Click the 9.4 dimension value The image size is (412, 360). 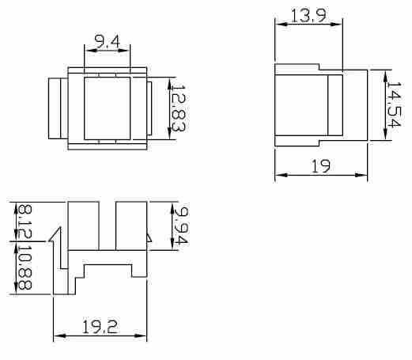pyautogui.click(x=107, y=42)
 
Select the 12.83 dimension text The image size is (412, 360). pyautogui.click(x=178, y=108)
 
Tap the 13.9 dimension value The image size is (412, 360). pyautogui.click(x=308, y=15)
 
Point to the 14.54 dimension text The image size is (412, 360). pyautogui.click(x=394, y=104)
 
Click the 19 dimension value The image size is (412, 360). pyautogui.click(x=321, y=166)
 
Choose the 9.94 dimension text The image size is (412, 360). pyautogui.click(x=180, y=225)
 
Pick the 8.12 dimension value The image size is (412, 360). pyautogui.click(x=25, y=222)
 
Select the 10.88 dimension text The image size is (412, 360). pyautogui.click(x=25, y=267)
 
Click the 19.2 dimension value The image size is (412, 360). pyautogui.click(x=100, y=327)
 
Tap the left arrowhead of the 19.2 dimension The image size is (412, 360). pyautogui.click(x=59, y=336)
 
